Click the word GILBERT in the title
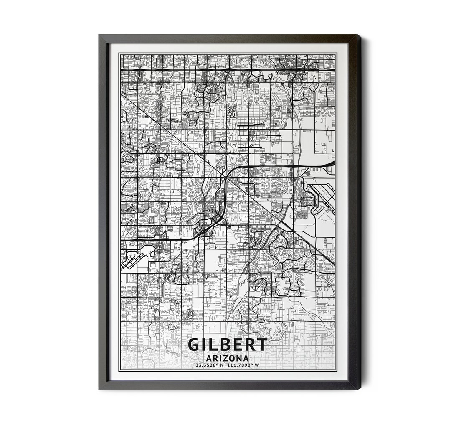(x=228, y=345)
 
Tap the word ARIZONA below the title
(x=228, y=358)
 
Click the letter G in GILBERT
(x=194, y=345)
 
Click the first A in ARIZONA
(x=209, y=358)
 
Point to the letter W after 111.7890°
(x=257, y=365)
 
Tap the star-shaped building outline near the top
(x=289, y=63)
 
